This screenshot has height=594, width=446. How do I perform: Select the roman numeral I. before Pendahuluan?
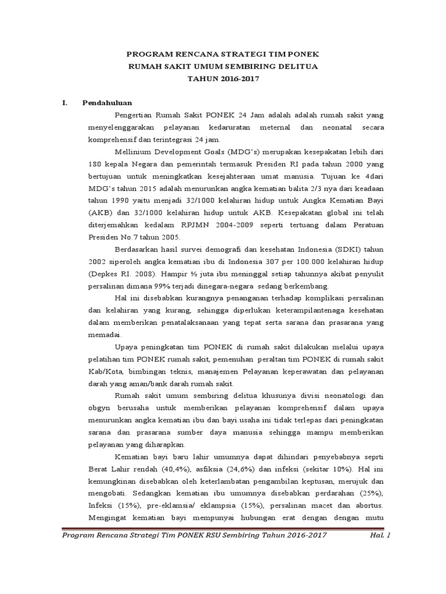[66, 103]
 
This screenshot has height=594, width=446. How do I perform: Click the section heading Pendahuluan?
[107, 103]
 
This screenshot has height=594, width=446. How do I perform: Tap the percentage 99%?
[160, 286]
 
